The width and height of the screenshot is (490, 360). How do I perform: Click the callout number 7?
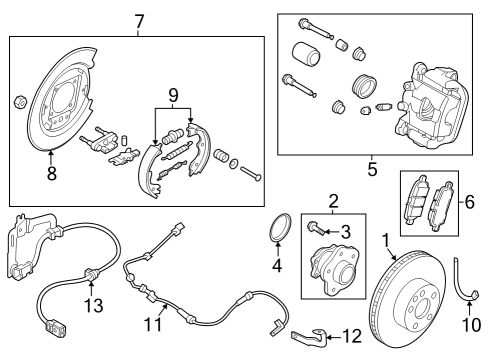click(x=139, y=22)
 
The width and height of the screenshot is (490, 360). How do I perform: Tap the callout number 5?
click(x=372, y=169)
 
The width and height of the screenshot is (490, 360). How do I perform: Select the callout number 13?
click(x=93, y=305)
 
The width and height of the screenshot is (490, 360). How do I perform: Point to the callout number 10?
click(x=471, y=324)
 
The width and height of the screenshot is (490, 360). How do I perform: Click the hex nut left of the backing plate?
click(x=20, y=102)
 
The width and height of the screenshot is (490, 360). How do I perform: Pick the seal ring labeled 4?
click(x=280, y=227)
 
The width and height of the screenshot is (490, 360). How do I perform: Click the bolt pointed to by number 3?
click(x=316, y=228)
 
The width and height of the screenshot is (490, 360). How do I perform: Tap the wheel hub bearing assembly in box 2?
click(x=335, y=269)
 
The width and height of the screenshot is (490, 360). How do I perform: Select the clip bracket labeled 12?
click(x=309, y=336)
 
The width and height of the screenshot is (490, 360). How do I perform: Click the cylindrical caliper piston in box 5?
click(x=306, y=54)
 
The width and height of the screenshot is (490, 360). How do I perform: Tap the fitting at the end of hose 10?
click(x=474, y=295)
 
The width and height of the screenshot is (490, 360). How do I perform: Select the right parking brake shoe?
click(x=198, y=149)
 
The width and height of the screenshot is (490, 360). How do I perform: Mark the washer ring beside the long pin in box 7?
click(x=234, y=163)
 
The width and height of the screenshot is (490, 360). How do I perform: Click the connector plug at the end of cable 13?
click(x=54, y=327)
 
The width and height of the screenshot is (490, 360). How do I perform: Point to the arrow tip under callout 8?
click(x=51, y=151)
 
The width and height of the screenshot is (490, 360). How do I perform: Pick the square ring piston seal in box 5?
click(x=364, y=86)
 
